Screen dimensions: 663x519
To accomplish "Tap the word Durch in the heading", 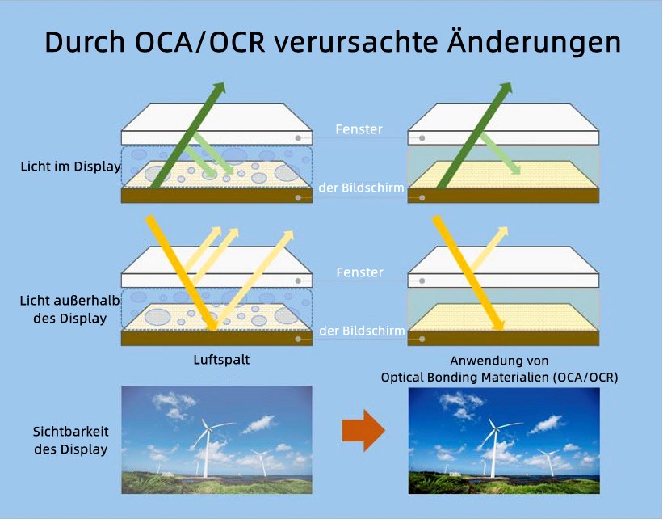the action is pos(85,42).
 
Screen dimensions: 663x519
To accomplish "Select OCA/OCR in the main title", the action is pos(200,42).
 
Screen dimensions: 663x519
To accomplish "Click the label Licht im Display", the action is pos(70,167).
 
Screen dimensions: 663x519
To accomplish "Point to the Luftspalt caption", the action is pos(221,360).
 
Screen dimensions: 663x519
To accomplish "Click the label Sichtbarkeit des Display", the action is pos(70,441).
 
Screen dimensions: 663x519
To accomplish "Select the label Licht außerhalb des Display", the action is pos(69,310).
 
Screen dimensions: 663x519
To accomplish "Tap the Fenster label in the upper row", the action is pos(359,129).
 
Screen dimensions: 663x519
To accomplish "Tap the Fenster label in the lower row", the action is pos(360,272).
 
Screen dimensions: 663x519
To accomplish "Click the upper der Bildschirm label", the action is pos(361,188).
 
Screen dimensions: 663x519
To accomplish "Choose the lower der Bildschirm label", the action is pos(362,331).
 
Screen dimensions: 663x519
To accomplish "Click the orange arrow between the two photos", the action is pos(363,431).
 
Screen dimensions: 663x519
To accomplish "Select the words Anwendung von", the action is pos(499,361).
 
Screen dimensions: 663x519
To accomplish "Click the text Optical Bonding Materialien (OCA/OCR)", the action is pos(499,378).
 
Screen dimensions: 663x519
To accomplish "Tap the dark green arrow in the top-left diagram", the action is pos(187,135).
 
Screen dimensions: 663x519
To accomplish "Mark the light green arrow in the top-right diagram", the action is pos(499,154).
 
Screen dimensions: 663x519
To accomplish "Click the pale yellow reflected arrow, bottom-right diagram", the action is pos(489,249).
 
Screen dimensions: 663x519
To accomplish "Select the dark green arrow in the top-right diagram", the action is pos(474,135).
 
